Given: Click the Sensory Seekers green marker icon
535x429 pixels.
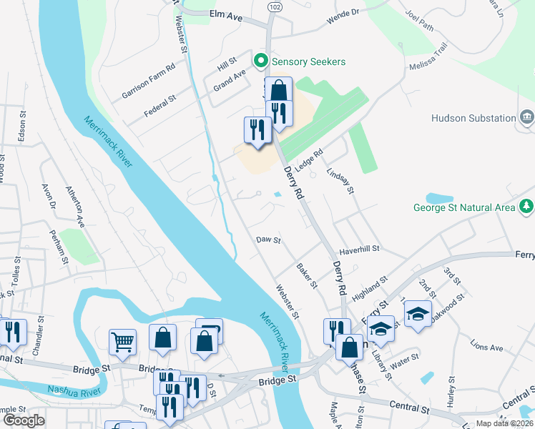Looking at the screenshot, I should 261,61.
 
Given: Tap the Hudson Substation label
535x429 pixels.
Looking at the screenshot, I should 473,118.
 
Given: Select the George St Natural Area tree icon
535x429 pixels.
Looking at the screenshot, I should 527,207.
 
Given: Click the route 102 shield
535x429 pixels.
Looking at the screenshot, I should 274,6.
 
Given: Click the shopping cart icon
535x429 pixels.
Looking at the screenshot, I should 122,341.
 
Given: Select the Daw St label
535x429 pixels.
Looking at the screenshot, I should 268,241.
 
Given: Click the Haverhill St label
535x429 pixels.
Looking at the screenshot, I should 359,249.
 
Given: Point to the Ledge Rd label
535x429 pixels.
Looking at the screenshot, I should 310,159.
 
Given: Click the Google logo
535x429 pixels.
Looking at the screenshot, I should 24,420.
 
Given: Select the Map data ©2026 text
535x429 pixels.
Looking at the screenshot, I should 505,423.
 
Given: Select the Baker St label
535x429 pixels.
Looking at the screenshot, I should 306,276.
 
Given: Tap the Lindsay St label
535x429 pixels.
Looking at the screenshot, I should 340,182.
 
